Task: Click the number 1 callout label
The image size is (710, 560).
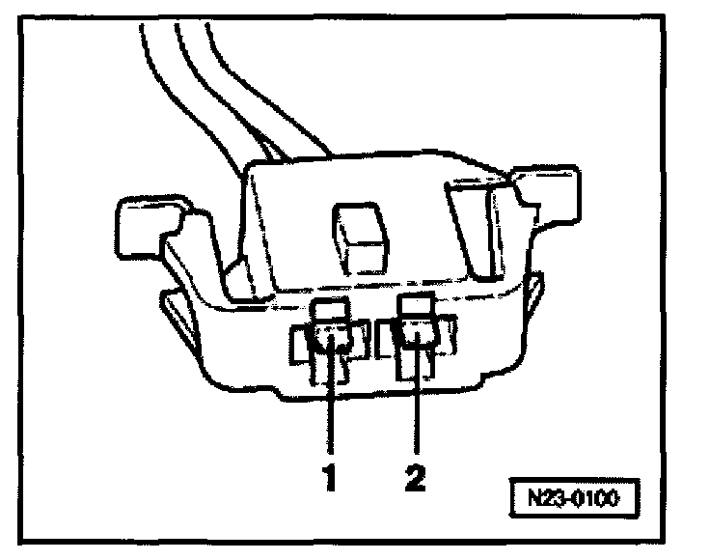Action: [x=330, y=478]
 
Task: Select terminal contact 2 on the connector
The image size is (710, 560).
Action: [x=418, y=338]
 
